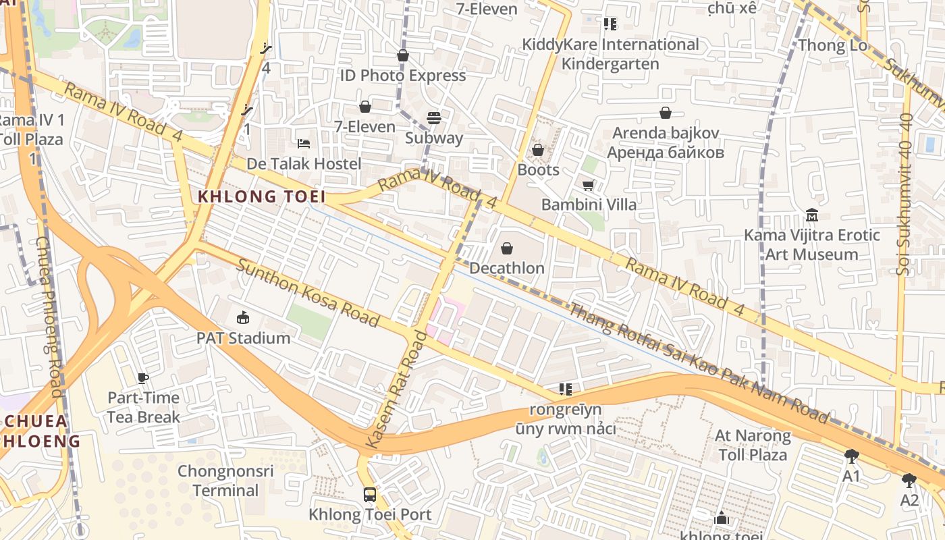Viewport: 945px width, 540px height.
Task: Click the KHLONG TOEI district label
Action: [x=261, y=196]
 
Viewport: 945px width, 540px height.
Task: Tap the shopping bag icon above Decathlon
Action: [x=507, y=248]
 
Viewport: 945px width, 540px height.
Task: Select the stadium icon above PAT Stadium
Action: [x=243, y=317]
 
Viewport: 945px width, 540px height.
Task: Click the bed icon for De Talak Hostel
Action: [x=304, y=143]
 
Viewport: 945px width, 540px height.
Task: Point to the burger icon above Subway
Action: [x=433, y=119]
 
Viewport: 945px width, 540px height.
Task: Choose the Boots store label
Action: [x=538, y=169]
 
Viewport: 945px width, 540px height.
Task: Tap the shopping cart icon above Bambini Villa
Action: [x=588, y=184]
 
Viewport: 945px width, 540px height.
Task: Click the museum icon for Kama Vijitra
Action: [x=812, y=215]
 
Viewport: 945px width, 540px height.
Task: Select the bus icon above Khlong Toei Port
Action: [x=369, y=494]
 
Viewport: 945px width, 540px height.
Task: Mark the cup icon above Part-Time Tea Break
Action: [x=142, y=378]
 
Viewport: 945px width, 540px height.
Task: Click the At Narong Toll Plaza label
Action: [x=753, y=445]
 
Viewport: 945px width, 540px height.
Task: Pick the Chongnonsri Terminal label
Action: [x=225, y=480]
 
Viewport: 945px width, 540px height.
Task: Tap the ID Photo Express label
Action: [x=402, y=75]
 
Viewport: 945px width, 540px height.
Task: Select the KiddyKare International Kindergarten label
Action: [x=610, y=54]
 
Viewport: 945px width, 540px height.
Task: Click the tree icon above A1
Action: [x=851, y=456]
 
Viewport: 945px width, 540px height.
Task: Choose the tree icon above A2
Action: [x=909, y=481]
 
